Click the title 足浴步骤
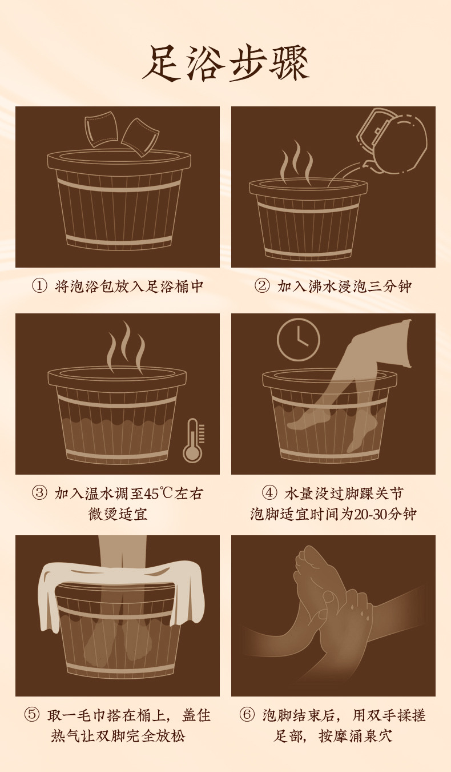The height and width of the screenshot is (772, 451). [226, 63]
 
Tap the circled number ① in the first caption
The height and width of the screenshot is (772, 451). [39, 286]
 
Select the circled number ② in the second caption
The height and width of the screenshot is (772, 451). [261, 286]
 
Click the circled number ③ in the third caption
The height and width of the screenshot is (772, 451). [39, 494]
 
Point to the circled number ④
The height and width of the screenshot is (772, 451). [269, 494]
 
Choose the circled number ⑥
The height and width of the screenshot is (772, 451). [247, 715]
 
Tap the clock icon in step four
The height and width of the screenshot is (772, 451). [298, 340]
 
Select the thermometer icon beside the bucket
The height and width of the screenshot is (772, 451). [193, 440]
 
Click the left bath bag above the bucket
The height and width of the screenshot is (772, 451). [100, 128]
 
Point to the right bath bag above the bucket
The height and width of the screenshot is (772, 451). [140, 136]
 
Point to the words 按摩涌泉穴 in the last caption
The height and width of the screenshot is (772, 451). [357, 735]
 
